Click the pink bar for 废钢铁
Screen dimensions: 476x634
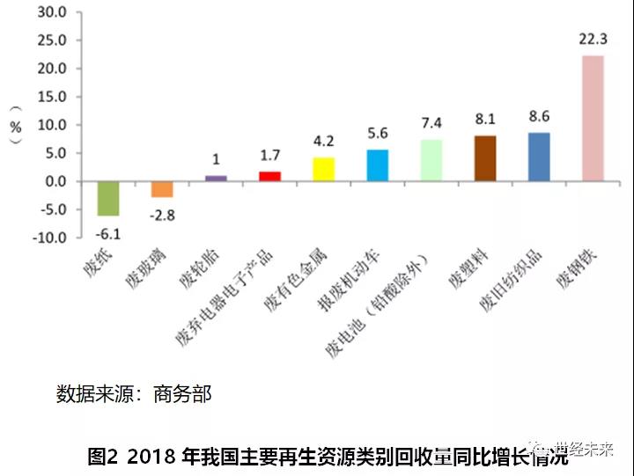(593, 118)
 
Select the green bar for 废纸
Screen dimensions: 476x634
(108, 198)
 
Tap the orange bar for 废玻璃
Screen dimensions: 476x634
(162, 189)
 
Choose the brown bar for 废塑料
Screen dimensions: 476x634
(484, 158)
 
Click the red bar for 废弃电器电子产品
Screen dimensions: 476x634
(269, 176)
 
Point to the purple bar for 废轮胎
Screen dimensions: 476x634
(216, 178)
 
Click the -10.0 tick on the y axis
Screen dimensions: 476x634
(50, 238)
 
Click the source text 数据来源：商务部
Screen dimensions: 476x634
(134, 393)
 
